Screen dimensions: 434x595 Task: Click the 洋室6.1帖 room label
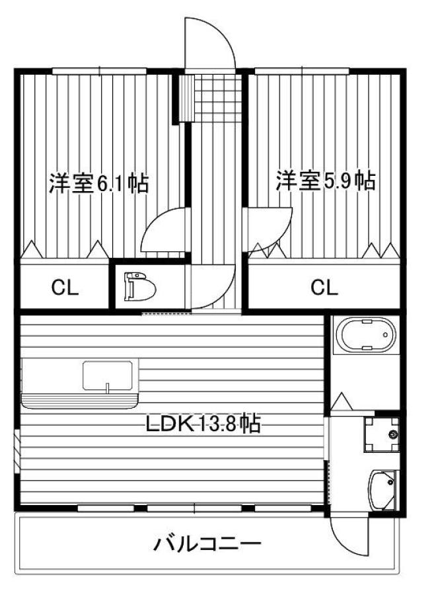[x=98, y=184]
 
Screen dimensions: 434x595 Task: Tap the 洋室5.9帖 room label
[x=326, y=180]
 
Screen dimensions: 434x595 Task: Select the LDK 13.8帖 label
[x=203, y=424]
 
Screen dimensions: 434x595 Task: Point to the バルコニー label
[x=207, y=545]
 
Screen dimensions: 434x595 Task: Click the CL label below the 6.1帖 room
[x=65, y=288]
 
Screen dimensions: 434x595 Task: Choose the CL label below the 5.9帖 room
[x=324, y=288]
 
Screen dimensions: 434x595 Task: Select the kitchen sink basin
[x=108, y=376]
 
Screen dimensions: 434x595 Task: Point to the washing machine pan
[x=381, y=434]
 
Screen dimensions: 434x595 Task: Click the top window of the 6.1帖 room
[x=99, y=71]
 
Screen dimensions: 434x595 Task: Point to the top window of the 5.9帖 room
[x=302, y=71]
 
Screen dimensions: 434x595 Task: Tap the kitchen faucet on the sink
[x=107, y=388]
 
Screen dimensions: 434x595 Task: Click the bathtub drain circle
[x=386, y=335]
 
